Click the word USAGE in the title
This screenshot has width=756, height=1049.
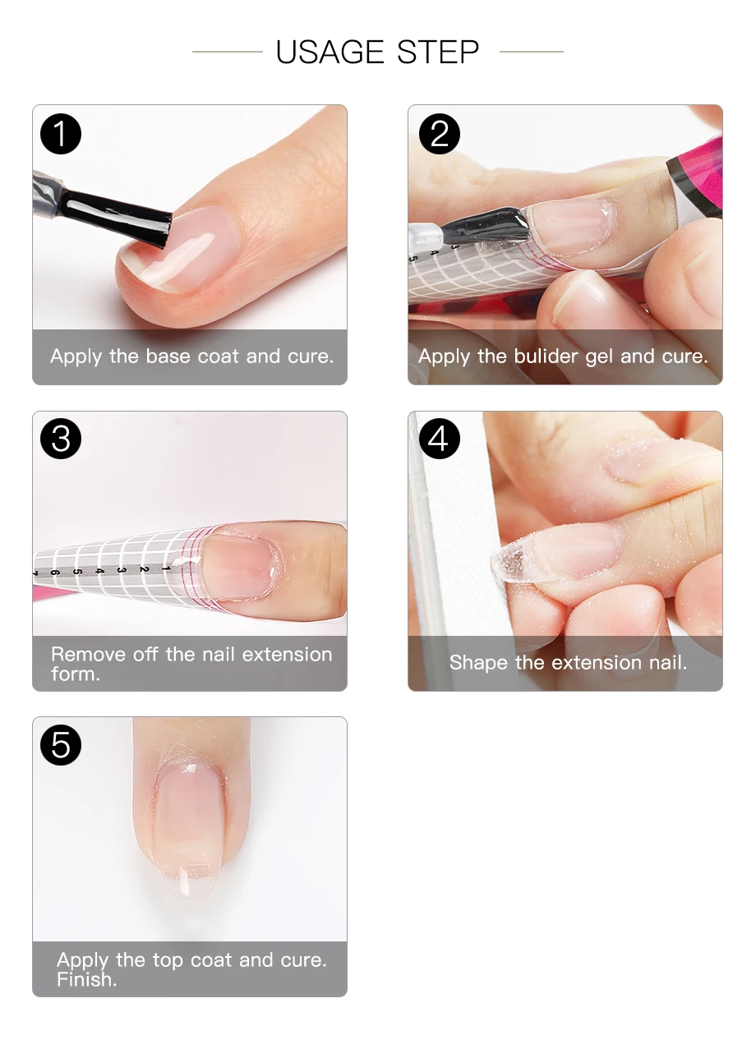[330, 52]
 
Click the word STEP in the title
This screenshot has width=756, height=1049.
[438, 52]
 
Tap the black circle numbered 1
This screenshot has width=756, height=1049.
[61, 134]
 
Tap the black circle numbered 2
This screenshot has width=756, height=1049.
[439, 134]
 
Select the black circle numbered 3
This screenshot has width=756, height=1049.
[61, 439]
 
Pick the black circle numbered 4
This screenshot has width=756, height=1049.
[439, 439]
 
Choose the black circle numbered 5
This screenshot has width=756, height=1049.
[61, 745]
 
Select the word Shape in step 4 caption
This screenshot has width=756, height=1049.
[478, 662]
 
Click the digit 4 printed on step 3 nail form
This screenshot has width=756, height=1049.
[99, 572]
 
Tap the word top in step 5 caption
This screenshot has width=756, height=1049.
[168, 960]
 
